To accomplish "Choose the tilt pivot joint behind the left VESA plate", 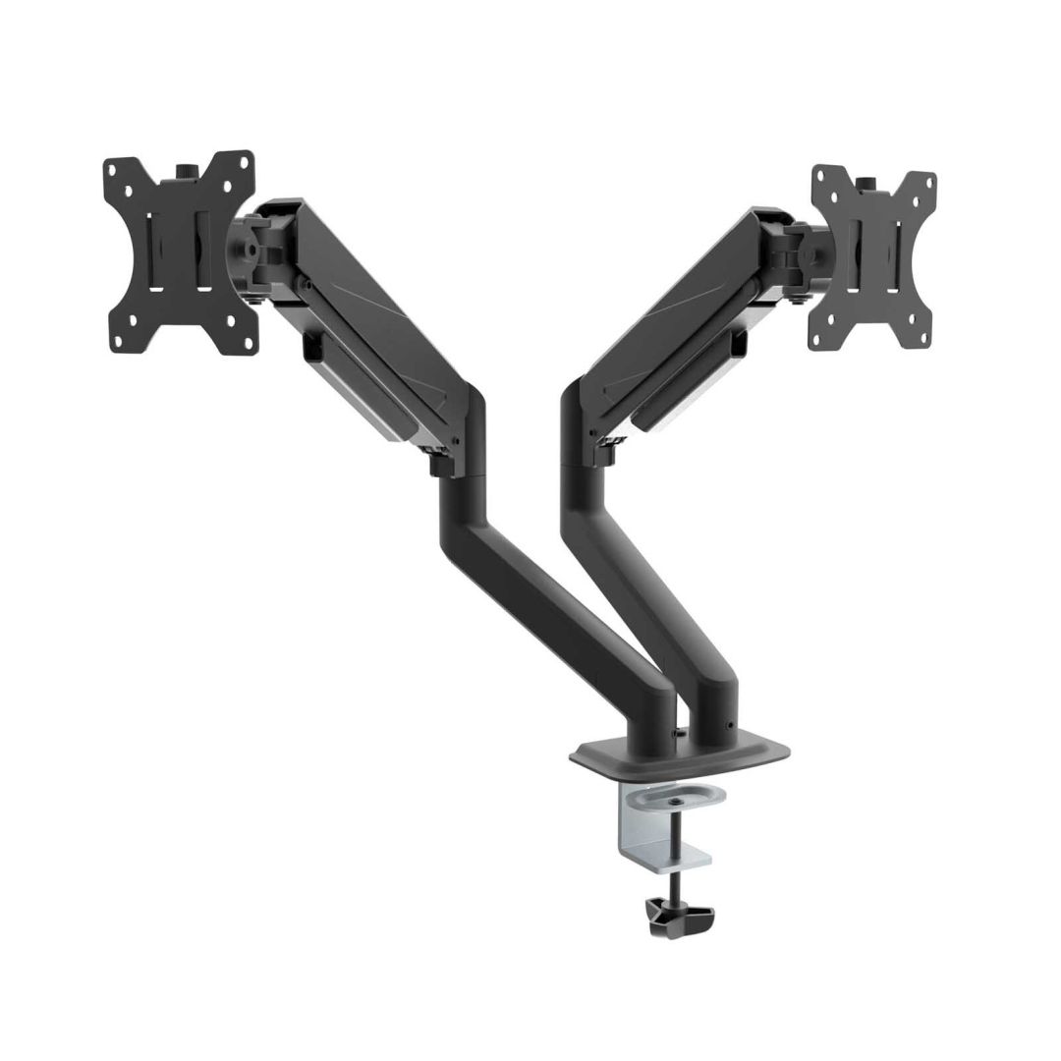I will [x=257, y=251].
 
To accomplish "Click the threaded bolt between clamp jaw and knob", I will [x=677, y=887].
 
